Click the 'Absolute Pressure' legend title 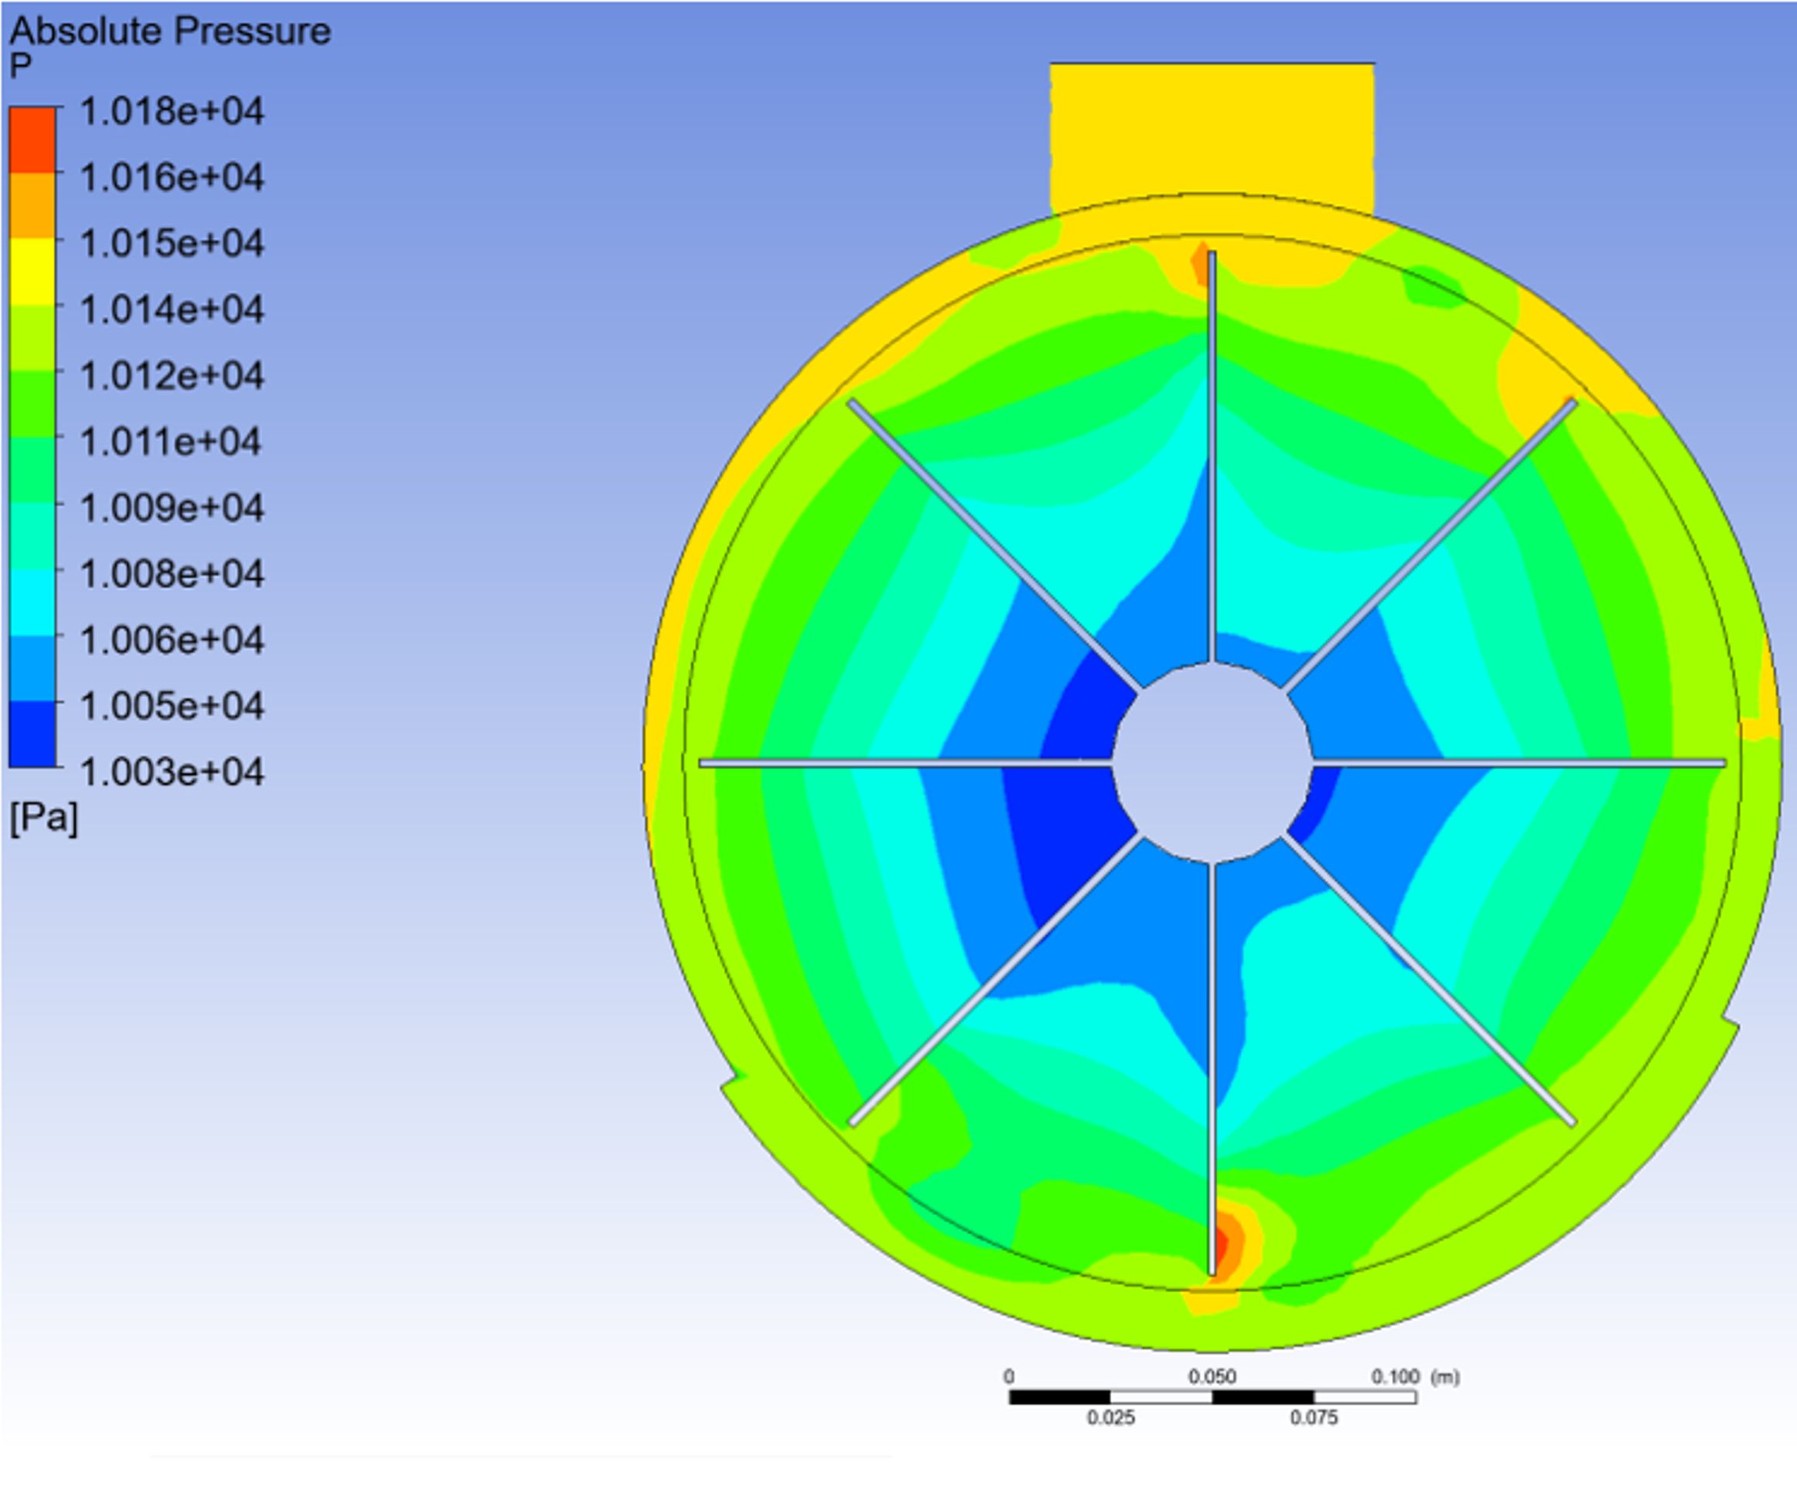coord(170,32)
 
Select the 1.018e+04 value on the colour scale coord(172,111)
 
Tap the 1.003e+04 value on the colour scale coord(172,773)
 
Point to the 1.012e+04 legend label coord(172,376)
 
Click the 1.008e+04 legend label coord(172,573)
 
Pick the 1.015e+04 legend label coord(172,244)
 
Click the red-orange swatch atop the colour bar coord(32,140)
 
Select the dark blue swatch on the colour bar coord(32,734)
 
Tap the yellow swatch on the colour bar coord(32,272)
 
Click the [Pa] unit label coord(44,818)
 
